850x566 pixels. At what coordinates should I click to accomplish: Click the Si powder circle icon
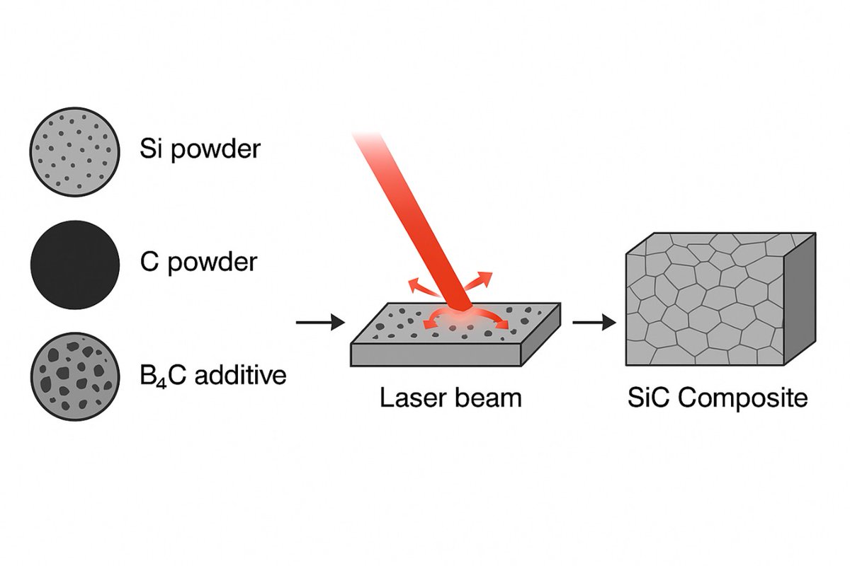coord(74,152)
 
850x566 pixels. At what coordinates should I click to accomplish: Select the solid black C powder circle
coord(74,265)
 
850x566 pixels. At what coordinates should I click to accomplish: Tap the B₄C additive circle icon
coord(74,374)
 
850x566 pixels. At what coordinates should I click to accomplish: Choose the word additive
coord(240,374)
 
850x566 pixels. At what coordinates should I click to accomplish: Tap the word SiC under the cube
coord(649,398)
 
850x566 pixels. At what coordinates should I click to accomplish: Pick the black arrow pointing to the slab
coord(319,323)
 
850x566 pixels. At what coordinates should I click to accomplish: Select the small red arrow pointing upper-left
coord(419,287)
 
